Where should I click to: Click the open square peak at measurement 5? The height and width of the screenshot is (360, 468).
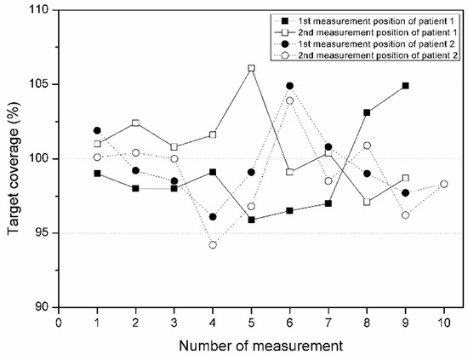click(x=251, y=68)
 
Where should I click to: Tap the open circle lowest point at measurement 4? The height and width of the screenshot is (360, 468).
click(x=213, y=245)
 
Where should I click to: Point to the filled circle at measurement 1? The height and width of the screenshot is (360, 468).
click(x=97, y=130)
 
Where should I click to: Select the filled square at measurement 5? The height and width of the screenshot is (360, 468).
click(x=251, y=220)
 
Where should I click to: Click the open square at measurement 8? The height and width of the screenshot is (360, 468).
click(x=367, y=202)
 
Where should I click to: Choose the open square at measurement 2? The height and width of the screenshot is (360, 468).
click(x=135, y=123)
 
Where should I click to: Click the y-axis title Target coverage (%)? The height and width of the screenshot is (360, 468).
click(x=13, y=159)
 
